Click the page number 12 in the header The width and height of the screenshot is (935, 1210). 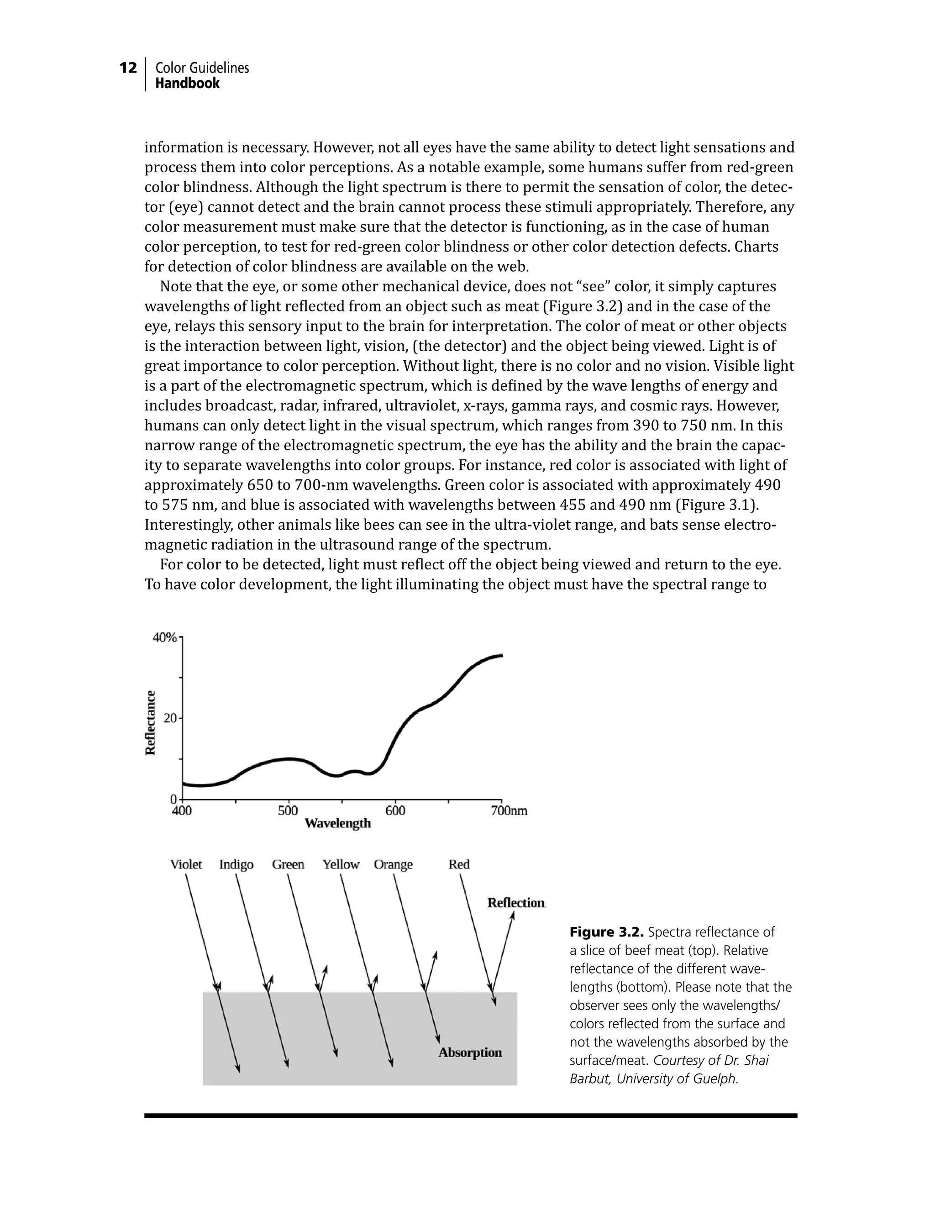point(128,68)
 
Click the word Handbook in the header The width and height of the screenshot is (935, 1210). point(187,84)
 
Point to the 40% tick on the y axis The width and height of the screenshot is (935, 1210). point(164,638)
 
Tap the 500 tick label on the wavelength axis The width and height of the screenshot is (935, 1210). point(288,811)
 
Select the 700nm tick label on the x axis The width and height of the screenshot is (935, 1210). point(509,811)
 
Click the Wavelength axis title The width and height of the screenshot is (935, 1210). point(337,824)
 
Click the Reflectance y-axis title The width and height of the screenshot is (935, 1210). point(150,722)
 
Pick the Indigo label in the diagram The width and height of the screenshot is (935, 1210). point(236,864)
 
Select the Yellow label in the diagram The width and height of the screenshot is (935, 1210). point(341,864)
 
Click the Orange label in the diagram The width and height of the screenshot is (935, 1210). point(393,864)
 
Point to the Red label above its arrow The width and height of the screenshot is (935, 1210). point(459,864)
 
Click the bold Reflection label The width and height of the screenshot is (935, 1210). point(516,903)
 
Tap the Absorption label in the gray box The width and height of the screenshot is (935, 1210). point(470,1052)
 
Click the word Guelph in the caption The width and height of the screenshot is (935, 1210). point(717,1078)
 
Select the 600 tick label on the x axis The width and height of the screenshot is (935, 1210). point(395,811)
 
